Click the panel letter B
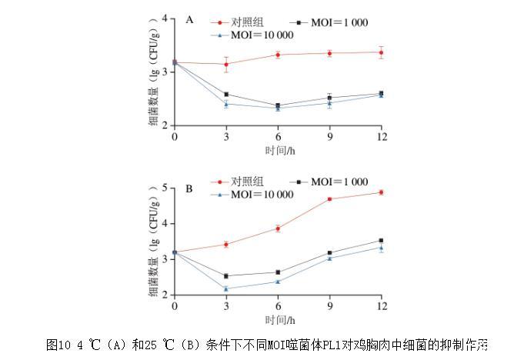(x=189, y=188)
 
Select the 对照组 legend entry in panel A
(x=245, y=23)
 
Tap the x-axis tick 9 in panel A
(x=329, y=136)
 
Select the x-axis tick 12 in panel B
(x=381, y=306)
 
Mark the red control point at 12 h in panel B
(x=381, y=192)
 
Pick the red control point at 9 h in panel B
(x=329, y=199)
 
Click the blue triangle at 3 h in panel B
(x=226, y=289)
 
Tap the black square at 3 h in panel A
(x=226, y=95)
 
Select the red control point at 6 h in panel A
(x=278, y=55)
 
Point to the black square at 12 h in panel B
(x=381, y=241)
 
